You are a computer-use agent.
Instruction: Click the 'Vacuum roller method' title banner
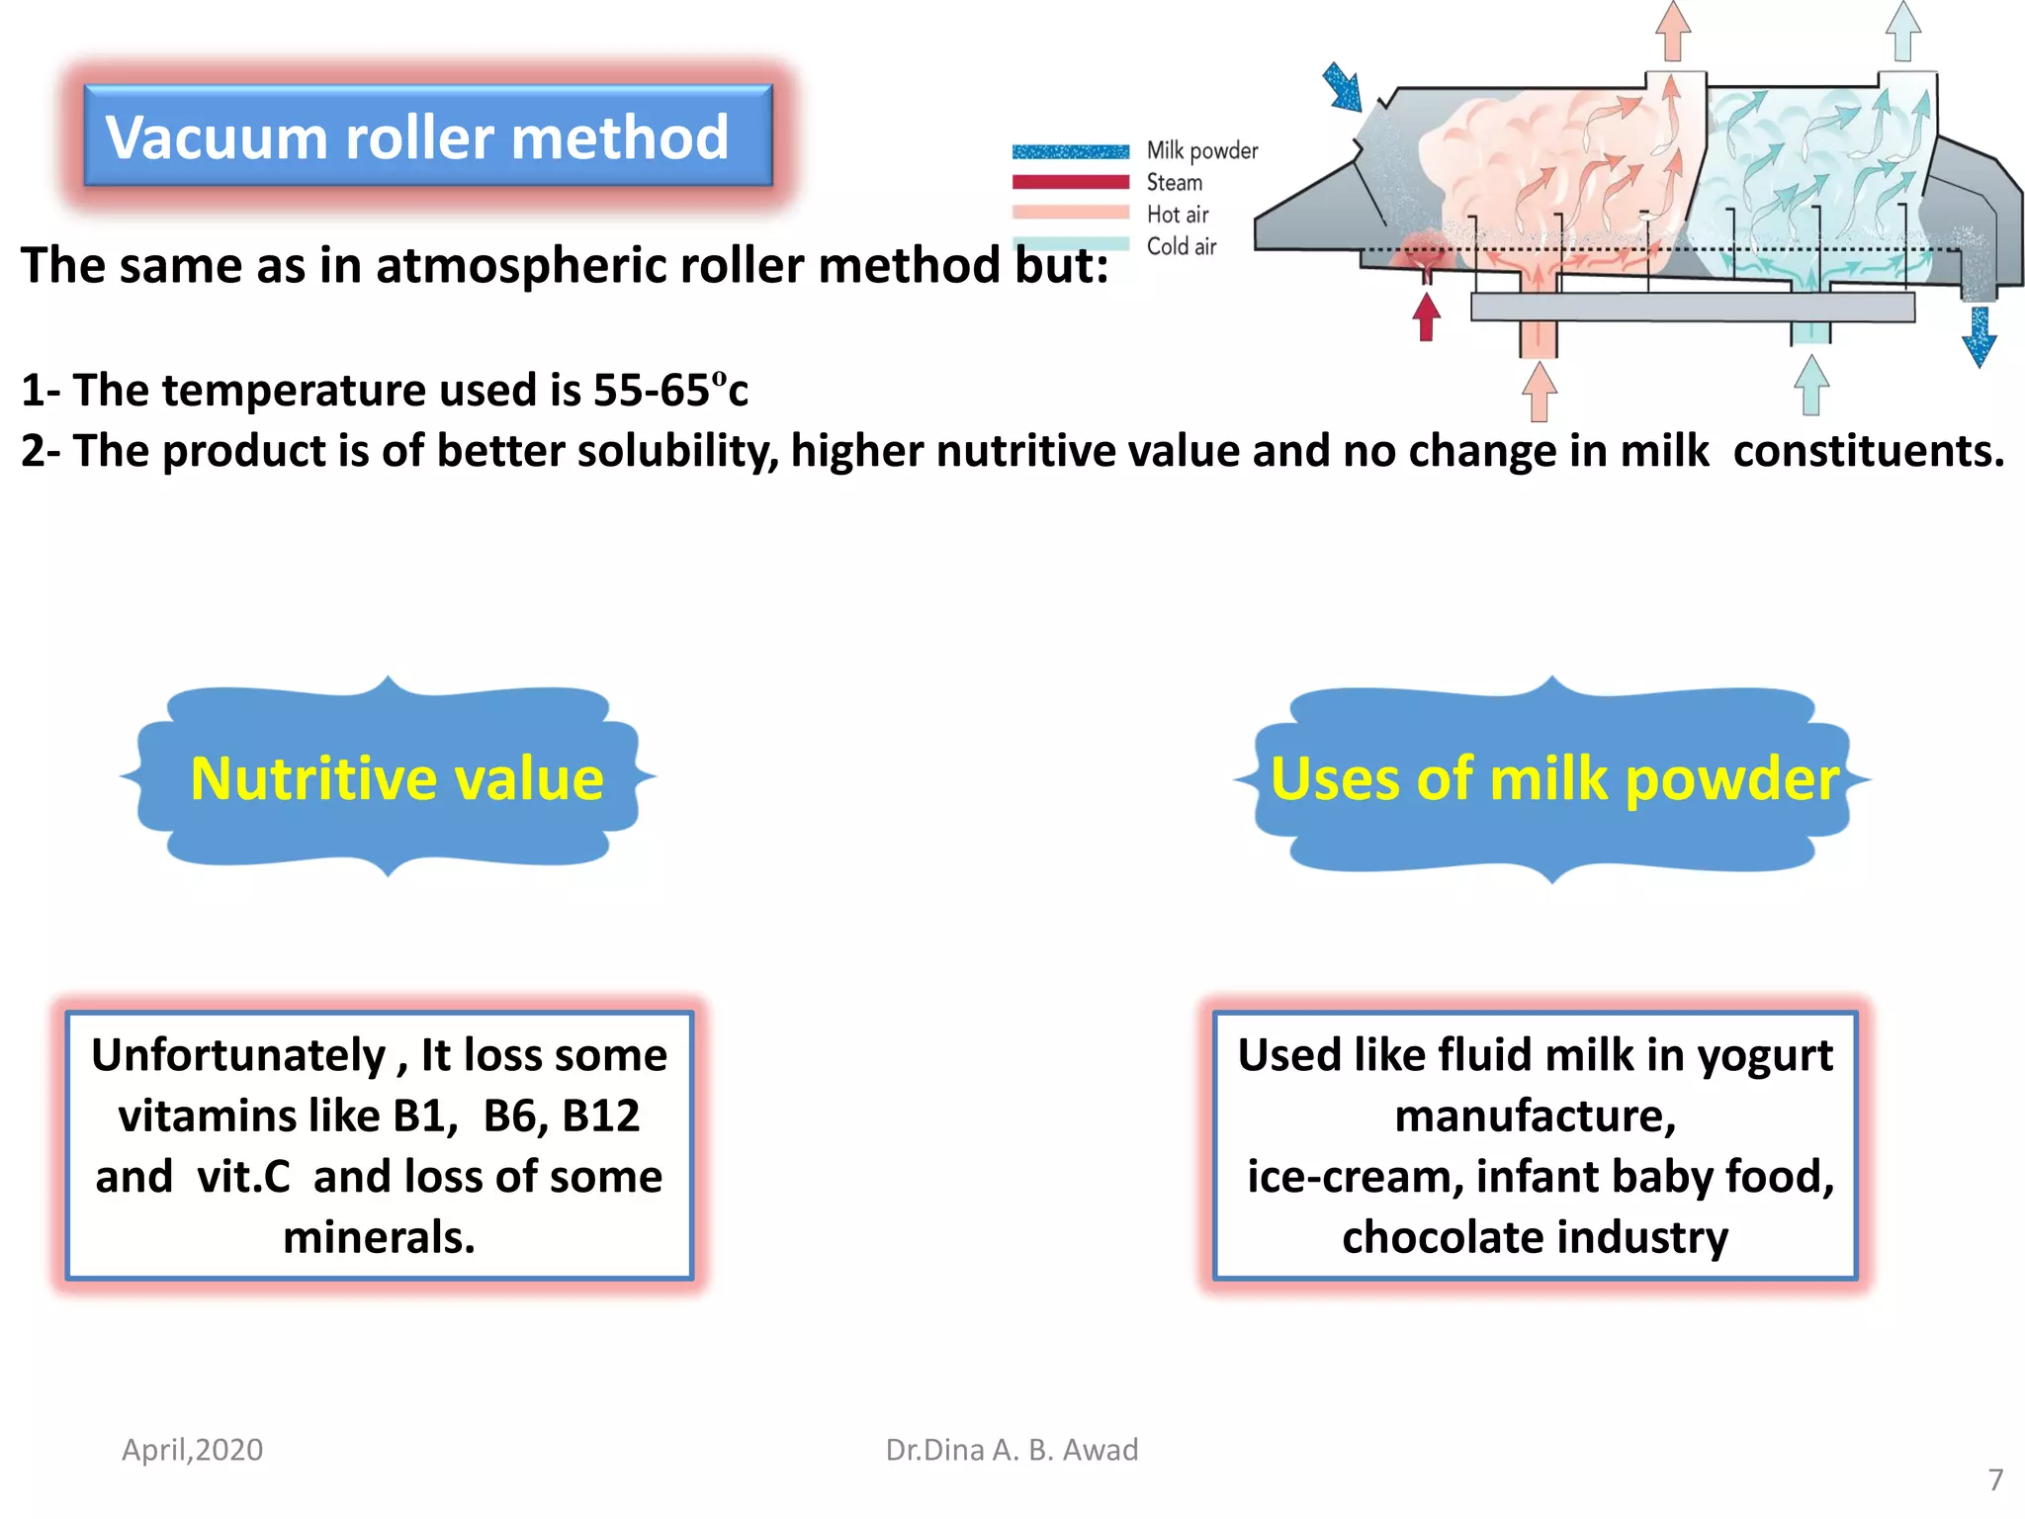[x=427, y=136]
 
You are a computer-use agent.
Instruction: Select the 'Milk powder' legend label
[x=1201, y=151]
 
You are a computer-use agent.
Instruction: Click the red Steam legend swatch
[x=1070, y=182]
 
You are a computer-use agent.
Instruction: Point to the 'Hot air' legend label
[x=1177, y=215]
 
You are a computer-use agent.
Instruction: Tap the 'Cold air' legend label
[x=1181, y=246]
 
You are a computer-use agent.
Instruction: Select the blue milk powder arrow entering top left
[x=1344, y=87]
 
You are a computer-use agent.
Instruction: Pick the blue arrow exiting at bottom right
[x=1980, y=337]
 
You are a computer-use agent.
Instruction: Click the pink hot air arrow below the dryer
[x=1540, y=391]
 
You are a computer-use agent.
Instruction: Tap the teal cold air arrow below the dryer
[x=1810, y=385]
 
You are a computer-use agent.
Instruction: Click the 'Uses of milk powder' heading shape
[x=1553, y=779]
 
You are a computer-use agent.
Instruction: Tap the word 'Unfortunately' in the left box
[x=238, y=1055]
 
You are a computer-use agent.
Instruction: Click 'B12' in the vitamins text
[x=601, y=1117]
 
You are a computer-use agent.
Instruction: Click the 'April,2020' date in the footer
[x=193, y=1450]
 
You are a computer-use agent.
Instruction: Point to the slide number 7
[x=1995, y=1479]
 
